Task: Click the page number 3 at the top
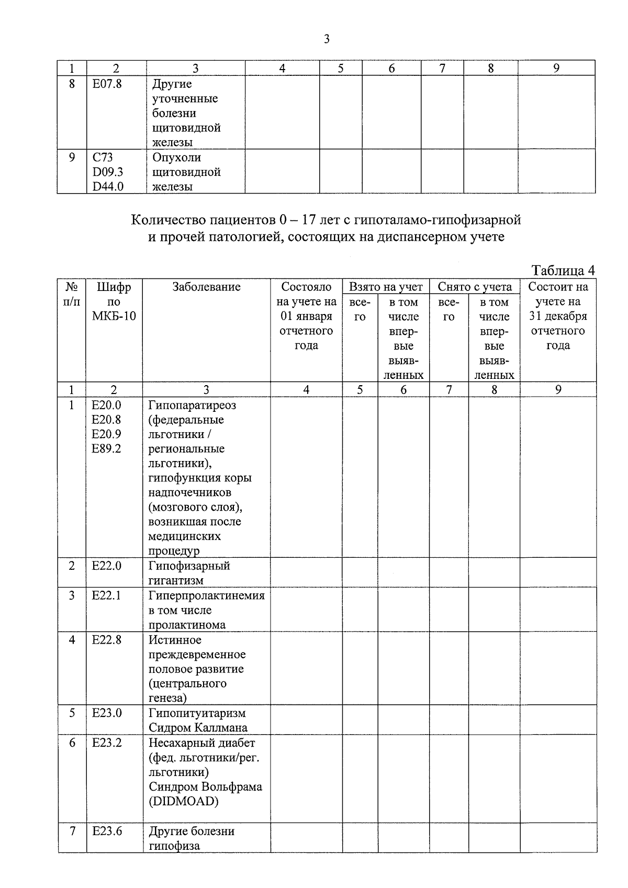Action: (x=327, y=39)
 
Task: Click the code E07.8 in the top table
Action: (x=107, y=84)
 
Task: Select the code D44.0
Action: (x=108, y=186)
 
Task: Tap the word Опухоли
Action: (x=176, y=158)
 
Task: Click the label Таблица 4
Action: (x=563, y=270)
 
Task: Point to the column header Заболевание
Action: (x=206, y=287)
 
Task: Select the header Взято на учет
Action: (x=385, y=287)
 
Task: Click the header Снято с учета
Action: (x=475, y=287)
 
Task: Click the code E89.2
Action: (x=106, y=449)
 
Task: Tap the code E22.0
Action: (x=106, y=566)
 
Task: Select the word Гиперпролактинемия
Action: (x=206, y=595)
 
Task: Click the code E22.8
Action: (x=106, y=640)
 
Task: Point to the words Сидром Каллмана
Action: (x=198, y=728)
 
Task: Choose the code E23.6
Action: (x=107, y=831)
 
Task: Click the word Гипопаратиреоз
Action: (x=192, y=405)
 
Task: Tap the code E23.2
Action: (x=107, y=743)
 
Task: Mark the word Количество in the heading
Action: (x=165, y=220)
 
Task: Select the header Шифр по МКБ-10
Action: (x=114, y=301)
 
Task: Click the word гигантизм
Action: (x=176, y=580)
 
